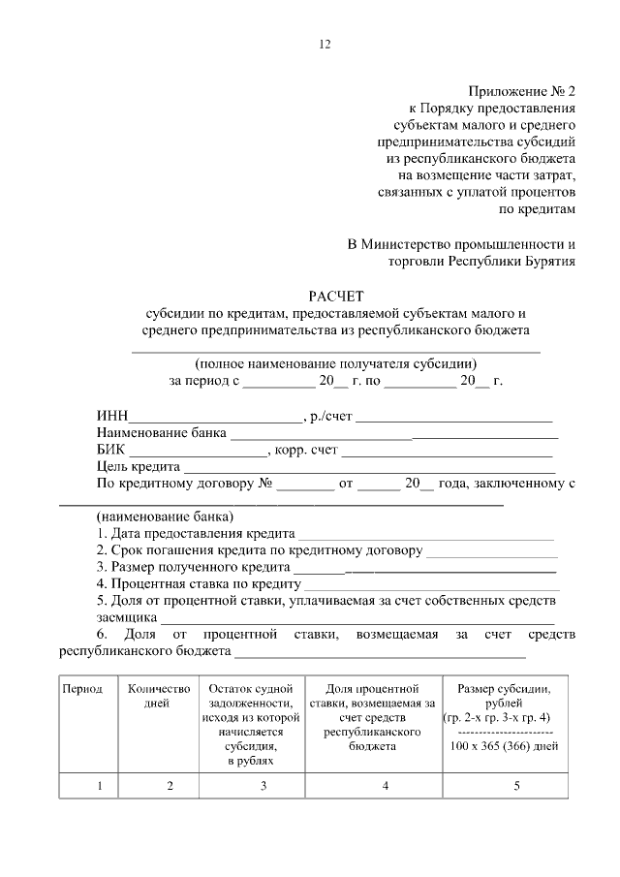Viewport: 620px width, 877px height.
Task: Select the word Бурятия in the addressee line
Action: click(548, 260)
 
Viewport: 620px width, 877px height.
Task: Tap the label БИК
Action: click(111, 452)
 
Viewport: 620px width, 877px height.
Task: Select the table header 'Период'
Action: click(82, 689)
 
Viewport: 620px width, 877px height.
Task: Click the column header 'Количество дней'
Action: click(157, 696)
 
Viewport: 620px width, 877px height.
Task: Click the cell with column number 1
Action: click(99, 785)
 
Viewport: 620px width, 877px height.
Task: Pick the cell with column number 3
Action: click(263, 785)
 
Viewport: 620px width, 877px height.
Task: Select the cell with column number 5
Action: click(516, 785)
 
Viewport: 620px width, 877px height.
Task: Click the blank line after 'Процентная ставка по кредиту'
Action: click(432, 585)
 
